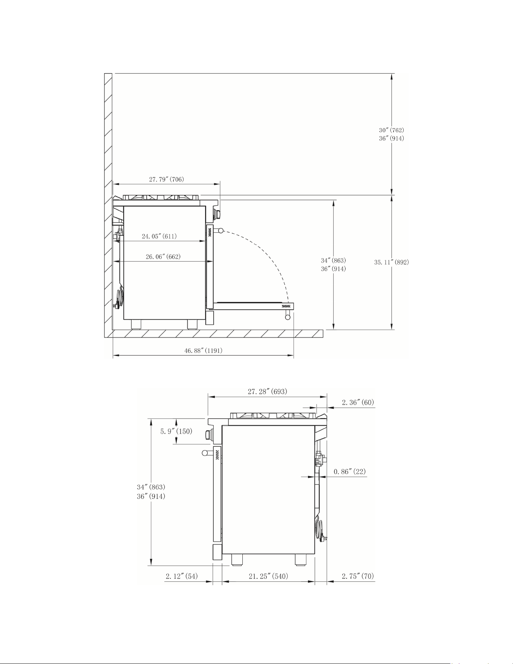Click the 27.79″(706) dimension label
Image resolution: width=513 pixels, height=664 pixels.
166,179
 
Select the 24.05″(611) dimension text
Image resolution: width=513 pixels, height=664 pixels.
159,236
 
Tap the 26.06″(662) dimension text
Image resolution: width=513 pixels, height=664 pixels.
163,257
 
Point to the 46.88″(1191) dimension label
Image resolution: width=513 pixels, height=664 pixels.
203,350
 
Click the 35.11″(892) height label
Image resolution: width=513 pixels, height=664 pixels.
391,262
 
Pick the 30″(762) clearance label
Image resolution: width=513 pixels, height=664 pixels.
392,130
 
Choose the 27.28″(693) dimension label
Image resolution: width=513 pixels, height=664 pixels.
267,391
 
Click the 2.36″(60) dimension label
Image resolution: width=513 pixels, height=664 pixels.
358,402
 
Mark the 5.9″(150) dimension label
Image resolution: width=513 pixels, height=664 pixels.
176,431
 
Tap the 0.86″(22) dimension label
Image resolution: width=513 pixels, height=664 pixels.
349,471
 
